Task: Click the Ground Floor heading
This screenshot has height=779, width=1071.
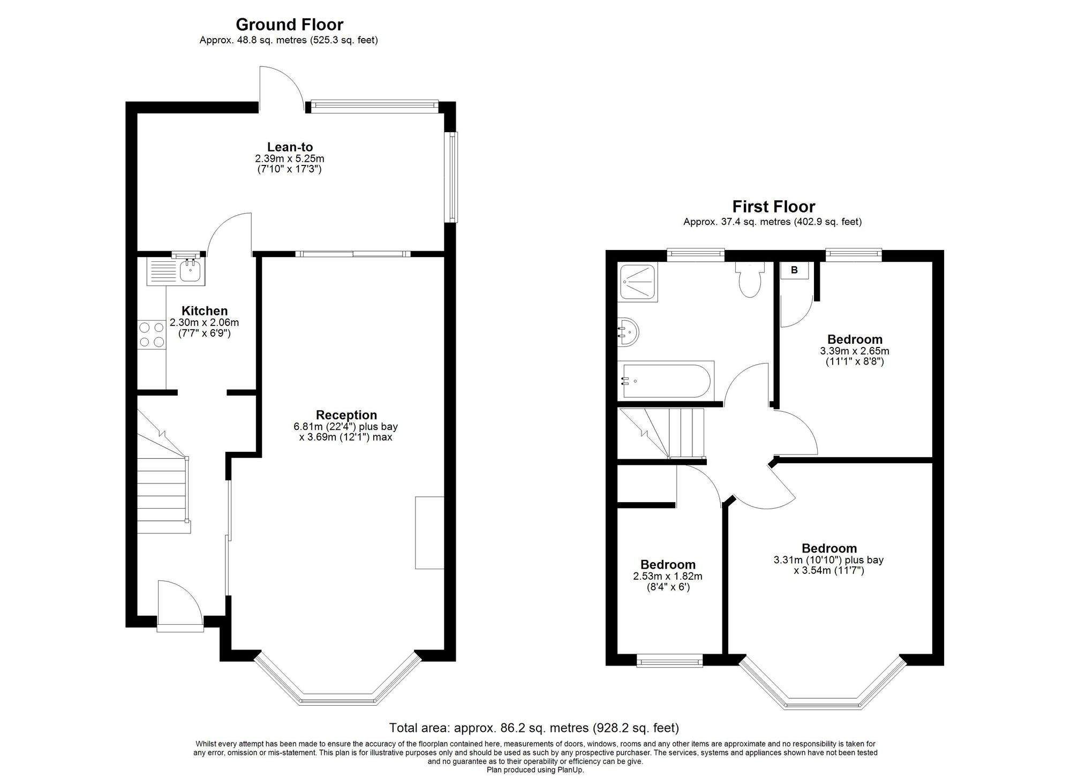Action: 289,25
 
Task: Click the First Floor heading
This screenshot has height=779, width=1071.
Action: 774,207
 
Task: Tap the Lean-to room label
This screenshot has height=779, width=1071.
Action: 290,147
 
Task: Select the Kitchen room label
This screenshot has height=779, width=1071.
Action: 205,311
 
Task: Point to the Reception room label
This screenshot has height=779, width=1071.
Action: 346,415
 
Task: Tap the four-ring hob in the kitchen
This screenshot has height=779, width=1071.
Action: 152,335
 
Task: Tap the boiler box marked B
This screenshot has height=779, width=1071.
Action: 794,270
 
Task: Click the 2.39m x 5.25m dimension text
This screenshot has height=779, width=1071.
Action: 290,159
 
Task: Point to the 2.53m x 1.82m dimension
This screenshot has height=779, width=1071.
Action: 668,577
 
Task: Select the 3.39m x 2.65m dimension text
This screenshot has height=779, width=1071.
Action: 855,351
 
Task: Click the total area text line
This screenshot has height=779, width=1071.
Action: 534,728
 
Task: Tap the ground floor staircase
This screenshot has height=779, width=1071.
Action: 164,471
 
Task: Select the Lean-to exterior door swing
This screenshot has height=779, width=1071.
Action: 283,88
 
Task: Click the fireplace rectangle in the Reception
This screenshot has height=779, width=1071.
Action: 429,533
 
